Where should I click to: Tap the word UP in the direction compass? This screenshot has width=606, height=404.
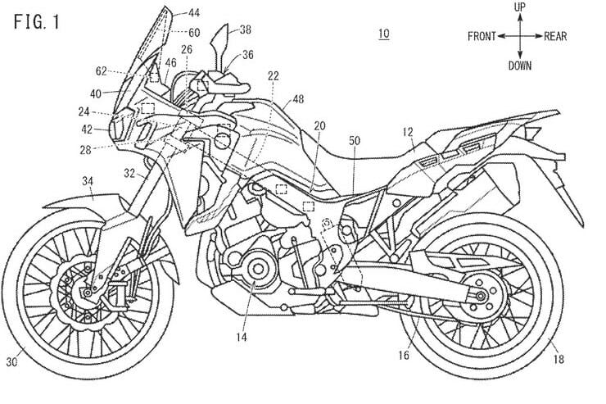click(x=518, y=7)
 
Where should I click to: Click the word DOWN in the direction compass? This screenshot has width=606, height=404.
click(x=518, y=65)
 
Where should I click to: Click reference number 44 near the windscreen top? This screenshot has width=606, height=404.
click(x=193, y=13)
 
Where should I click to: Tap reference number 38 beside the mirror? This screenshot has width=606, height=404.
click(x=246, y=30)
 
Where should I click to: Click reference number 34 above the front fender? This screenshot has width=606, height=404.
click(x=88, y=179)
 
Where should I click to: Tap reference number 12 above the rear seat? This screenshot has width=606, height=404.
click(x=407, y=131)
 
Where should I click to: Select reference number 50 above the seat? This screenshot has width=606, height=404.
click(x=354, y=141)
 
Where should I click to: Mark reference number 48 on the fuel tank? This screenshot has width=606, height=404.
click(x=297, y=99)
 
